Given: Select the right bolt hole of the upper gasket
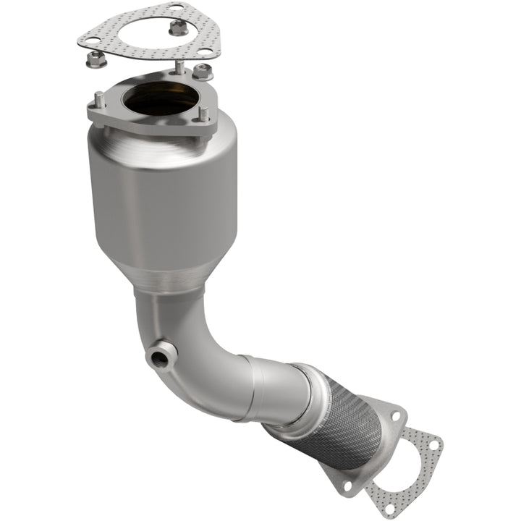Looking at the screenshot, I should tap(206, 52).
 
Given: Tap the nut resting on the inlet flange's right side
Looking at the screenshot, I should tap(202, 72).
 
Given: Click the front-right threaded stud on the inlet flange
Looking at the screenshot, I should tap(204, 116).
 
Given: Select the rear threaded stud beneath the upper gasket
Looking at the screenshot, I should tap(177, 68).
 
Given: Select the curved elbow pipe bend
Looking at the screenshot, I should tap(195, 347).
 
